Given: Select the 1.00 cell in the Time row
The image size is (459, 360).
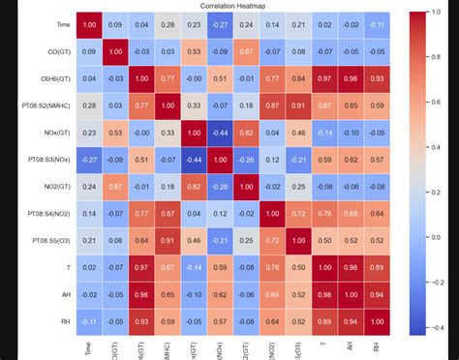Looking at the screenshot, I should coord(90,24).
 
